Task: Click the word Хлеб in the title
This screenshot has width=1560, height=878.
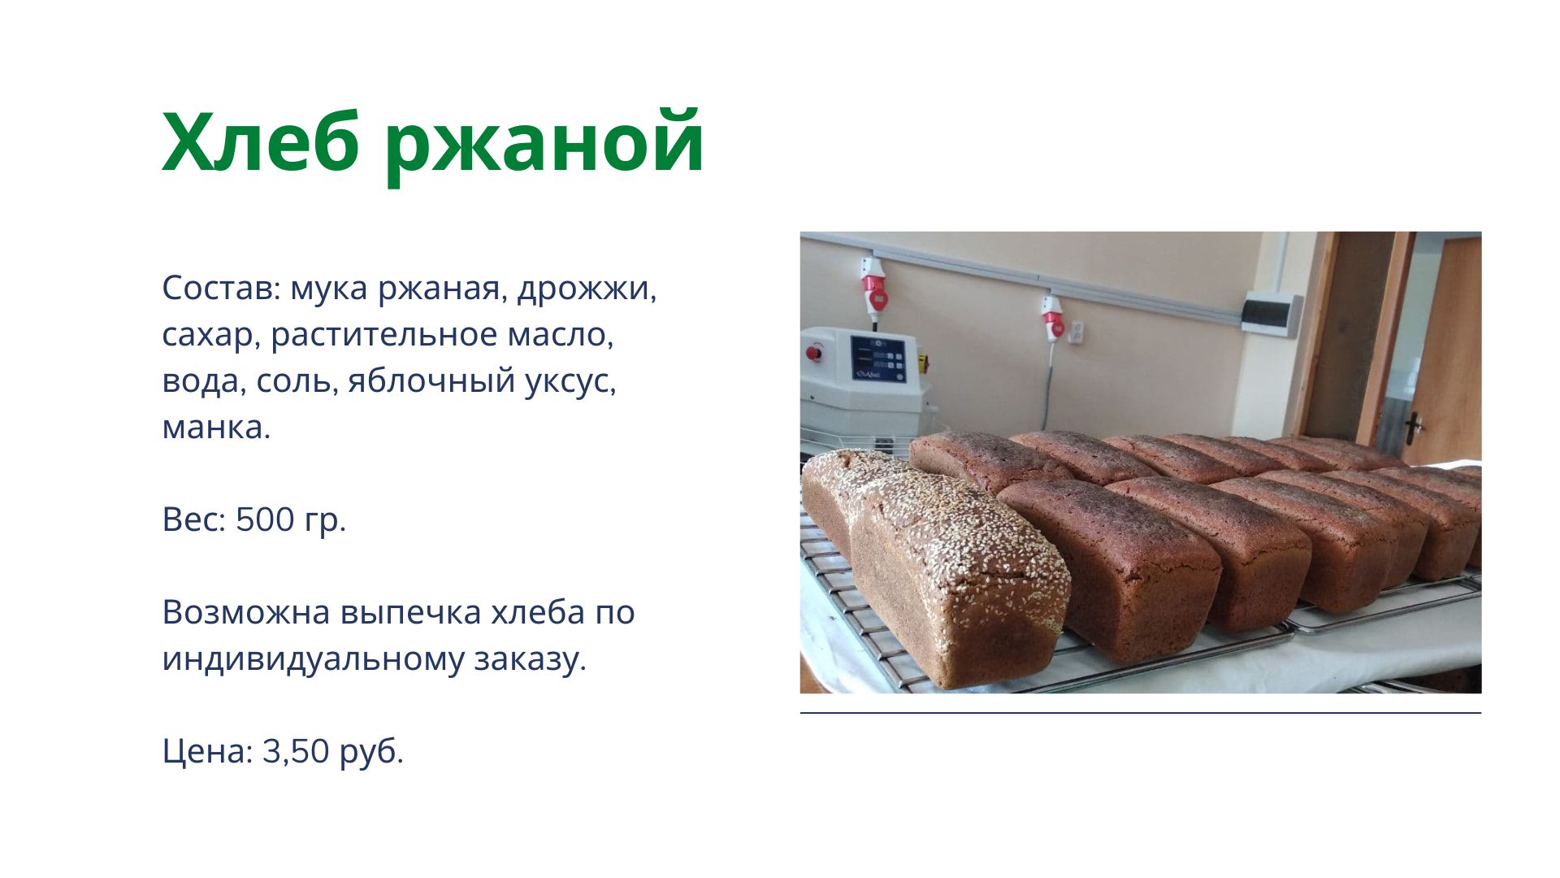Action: click(x=261, y=141)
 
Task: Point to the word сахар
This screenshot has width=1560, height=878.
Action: click(x=207, y=335)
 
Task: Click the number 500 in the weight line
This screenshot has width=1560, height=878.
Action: click(x=265, y=519)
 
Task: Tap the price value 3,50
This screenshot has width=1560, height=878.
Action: click(x=296, y=751)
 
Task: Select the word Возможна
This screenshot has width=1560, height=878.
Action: click(x=246, y=612)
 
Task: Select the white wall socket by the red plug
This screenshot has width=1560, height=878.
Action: click(x=1077, y=331)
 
